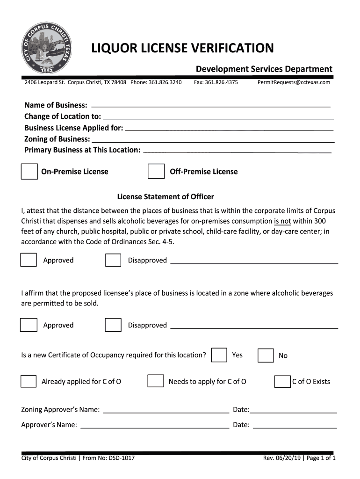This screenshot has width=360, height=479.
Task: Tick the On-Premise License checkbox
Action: pyautogui.click(x=29, y=171)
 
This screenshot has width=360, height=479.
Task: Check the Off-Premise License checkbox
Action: pyautogui.click(x=156, y=171)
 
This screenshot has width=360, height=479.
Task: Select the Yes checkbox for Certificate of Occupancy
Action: pyautogui.click(x=219, y=355)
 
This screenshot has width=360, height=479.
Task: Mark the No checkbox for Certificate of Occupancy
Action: pyautogui.click(x=266, y=356)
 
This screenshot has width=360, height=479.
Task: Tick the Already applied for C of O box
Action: pyautogui.click(x=29, y=381)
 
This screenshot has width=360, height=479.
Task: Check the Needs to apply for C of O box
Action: pyautogui.click(x=156, y=381)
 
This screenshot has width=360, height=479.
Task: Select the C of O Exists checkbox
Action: pyautogui.click(x=282, y=381)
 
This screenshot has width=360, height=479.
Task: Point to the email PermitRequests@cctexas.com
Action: pyautogui.click(x=294, y=82)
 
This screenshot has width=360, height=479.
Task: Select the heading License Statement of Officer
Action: pyautogui.click(x=165, y=196)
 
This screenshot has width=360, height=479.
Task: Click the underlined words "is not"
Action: pyautogui.click(x=282, y=221)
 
